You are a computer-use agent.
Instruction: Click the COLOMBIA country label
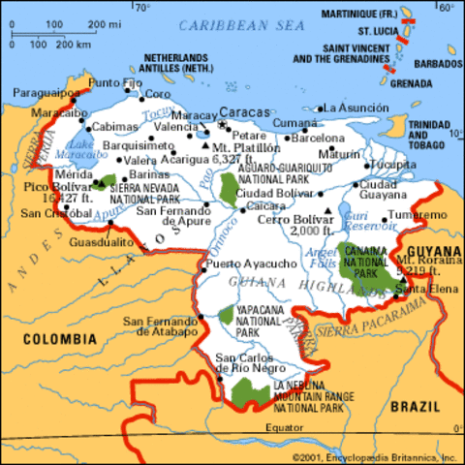tap(60, 339)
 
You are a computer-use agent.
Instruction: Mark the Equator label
tap(282, 426)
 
